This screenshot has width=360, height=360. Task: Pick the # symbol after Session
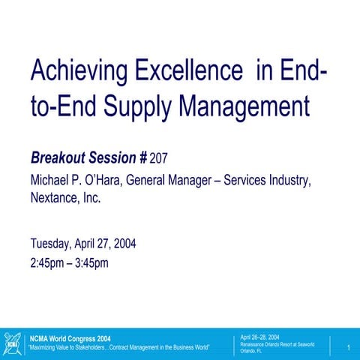tap(142, 158)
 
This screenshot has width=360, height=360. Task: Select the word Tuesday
tap(51, 244)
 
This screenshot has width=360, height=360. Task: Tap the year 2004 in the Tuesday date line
tap(121, 244)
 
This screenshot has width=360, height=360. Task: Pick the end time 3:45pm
tap(91, 262)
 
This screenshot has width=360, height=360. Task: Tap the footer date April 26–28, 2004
tap(259, 337)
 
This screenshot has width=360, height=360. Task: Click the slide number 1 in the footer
tap(349, 346)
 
